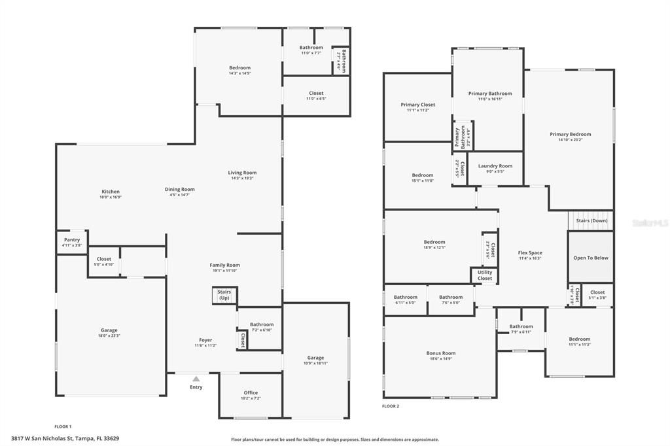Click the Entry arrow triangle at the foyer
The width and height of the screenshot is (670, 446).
pos(196,378)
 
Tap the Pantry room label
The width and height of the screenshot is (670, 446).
pos(72,239)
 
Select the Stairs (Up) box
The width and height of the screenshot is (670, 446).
pos(224,296)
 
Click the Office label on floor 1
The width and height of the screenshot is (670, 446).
pos(251,392)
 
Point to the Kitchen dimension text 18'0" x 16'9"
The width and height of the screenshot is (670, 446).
pos(110,197)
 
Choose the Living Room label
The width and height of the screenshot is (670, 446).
pos(242,173)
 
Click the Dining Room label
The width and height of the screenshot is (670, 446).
pos(179,189)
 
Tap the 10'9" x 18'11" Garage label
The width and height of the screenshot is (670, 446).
pos(315,363)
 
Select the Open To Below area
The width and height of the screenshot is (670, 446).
pos(590,258)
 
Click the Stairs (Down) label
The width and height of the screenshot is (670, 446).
pos(591,220)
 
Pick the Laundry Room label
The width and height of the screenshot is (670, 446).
pos(495,165)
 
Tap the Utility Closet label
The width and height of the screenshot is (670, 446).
pos(484,275)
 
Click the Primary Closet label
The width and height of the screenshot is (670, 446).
pos(417,105)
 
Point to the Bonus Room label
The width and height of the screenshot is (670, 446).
pos(440,353)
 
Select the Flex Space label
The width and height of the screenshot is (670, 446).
pos(530,252)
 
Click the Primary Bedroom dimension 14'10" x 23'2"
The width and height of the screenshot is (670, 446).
pos(570,139)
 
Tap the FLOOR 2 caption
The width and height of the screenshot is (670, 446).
pos(391,406)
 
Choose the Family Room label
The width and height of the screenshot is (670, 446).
pos(224,265)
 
